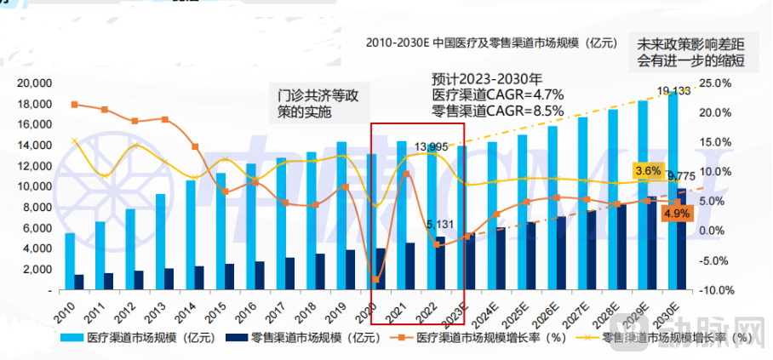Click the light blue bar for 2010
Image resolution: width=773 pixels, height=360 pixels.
70,261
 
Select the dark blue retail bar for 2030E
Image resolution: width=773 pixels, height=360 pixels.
680,239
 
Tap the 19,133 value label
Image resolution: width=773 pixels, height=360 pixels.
673,91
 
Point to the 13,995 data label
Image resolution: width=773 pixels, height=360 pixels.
432,147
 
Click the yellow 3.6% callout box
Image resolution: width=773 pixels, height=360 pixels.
648,171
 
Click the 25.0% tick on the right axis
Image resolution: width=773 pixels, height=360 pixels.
716,83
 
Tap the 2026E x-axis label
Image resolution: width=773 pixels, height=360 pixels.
551,310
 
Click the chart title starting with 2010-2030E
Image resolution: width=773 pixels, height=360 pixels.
488,42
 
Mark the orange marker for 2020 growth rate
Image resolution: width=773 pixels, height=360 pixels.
375,279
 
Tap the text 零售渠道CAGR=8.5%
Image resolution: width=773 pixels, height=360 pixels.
497,110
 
